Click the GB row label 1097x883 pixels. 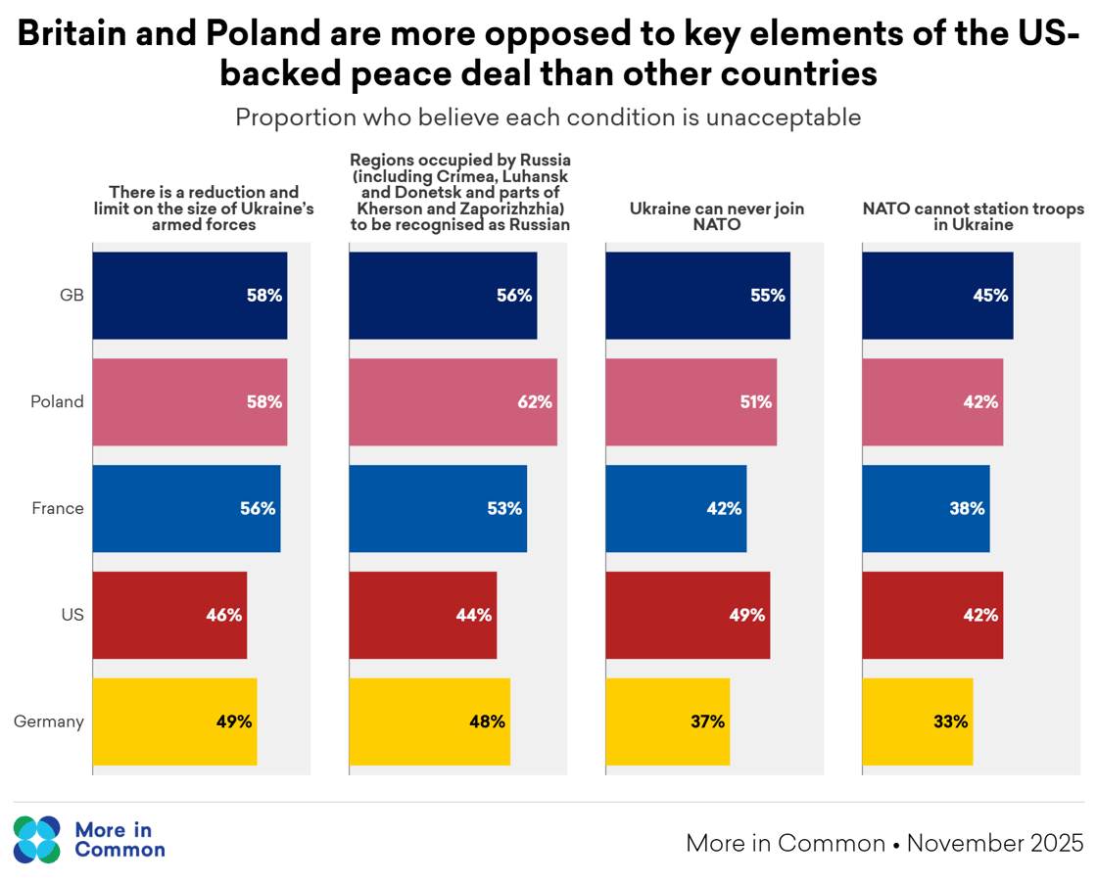[x=72, y=295]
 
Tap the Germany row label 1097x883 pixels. [x=49, y=721]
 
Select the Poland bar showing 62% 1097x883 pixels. [x=453, y=401]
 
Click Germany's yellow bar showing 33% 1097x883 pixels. [x=917, y=721]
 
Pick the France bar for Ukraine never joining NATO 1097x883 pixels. [x=676, y=508]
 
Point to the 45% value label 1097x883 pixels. [x=989, y=295]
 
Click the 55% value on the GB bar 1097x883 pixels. [x=767, y=295]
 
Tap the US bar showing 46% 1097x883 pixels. [x=169, y=615]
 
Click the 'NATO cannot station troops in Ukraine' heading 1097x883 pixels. [x=973, y=216]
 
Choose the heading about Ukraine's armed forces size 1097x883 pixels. [x=204, y=209]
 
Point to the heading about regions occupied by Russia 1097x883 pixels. [x=460, y=192]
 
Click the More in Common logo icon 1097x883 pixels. [x=37, y=840]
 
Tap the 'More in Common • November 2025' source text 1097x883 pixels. [x=884, y=843]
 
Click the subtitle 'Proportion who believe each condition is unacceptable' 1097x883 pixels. [x=548, y=117]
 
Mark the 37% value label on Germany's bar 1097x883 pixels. [x=706, y=721]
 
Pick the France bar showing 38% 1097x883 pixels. [x=926, y=508]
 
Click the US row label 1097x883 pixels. [x=72, y=615]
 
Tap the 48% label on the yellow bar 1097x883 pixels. [x=487, y=721]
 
